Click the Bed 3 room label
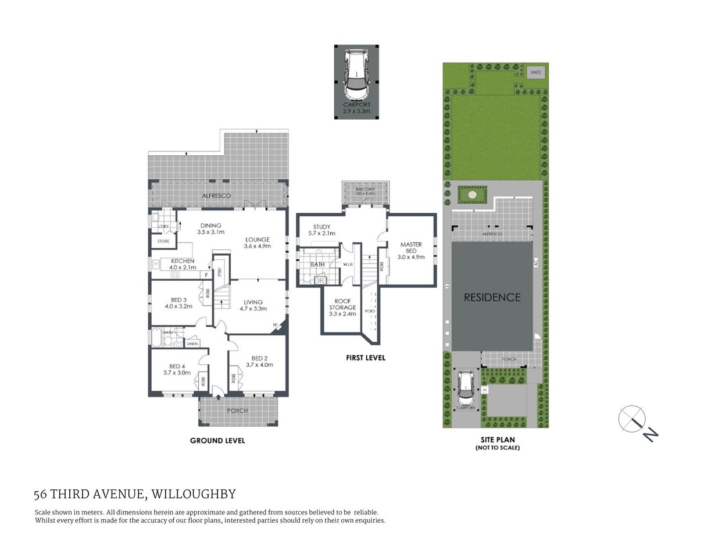pyautogui.click(x=178, y=303)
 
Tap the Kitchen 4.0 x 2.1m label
pyautogui.click(x=182, y=264)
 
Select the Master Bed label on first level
pyautogui.click(x=411, y=251)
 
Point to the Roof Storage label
pyautogui.click(x=342, y=307)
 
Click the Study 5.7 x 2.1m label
pyautogui.click(x=321, y=230)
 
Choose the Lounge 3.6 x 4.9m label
pyautogui.click(x=258, y=243)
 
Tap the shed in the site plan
pyautogui.click(x=535, y=73)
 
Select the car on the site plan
pyautogui.click(x=466, y=388)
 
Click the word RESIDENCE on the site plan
pyautogui.click(x=492, y=297)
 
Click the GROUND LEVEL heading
pyautogui.click(x=217, y=441)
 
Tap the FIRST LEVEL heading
pyautogui.click(x=365, y=358)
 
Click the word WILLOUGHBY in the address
pyautogui.click(x=194, y=495)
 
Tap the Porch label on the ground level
pyautogui.click(x=237, y=410)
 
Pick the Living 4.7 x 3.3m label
pyautogui.click(x=253, y=305)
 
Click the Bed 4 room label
pyautogui.click(x=176, y=369)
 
